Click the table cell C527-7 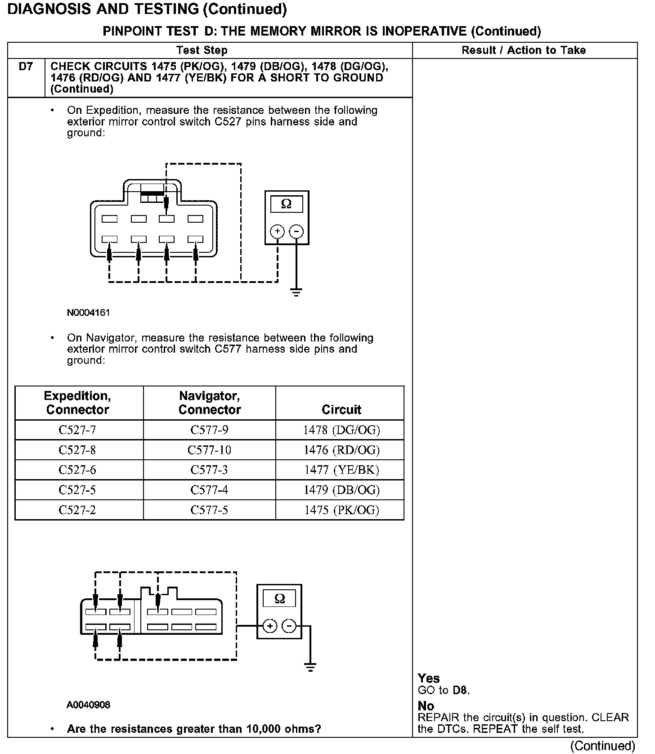(x=77, y=430)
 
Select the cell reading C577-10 (x=209, y=450)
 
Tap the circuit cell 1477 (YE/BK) (x=341, y=470)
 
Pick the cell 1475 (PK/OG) (x=341, y=510)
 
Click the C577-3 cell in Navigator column (x=209, y=470)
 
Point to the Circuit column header (x=341, y=409)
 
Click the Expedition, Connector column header (x=77, y=403)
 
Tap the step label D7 (x=26, y=67)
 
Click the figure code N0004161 (x=88, y=312)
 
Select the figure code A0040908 (x=88, y=705)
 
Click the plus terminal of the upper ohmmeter (x=277, y=231)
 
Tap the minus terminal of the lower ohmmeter (x=289, y=626)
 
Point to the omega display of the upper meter (x=286, y=204)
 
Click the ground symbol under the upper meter (x=296, y=293)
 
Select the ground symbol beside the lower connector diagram (x=310, y=667)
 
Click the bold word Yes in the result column (x=428, y=678)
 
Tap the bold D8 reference (x=460, y=690)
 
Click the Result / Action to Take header (x=524, y=50)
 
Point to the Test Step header (x=202, y=50)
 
